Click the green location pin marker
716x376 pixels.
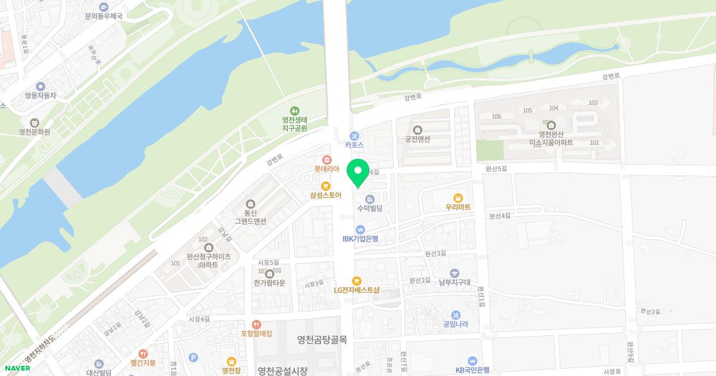[x=358, y=173]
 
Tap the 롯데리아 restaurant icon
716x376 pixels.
[x=327, y=159]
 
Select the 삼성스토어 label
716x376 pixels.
[x=326, y=195]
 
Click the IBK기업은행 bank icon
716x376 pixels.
[x=360, y=229]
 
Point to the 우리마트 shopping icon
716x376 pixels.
[x=458, y=198]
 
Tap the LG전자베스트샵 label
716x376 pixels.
[x=357, y=290]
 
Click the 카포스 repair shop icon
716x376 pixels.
[x=354, y=135]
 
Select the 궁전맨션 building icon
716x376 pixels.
[x=418, y=130]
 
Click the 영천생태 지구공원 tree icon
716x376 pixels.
[x=294, y=110]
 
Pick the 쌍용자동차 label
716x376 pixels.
[x=41, y=95]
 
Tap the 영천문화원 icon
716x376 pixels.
[x=34, y=122]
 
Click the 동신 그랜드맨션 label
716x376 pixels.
[x=250, y=217]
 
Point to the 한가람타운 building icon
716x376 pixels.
[x=270, y=273]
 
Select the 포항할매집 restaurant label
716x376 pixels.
[x=257, y=334]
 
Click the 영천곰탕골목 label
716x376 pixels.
[x=322, y=339]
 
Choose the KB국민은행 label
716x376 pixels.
[x=473, y=370]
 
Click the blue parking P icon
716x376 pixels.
[x=192, y=357]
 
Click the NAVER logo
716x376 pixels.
[x=18, y=368]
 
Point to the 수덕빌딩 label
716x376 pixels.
[x=369, y=208]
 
